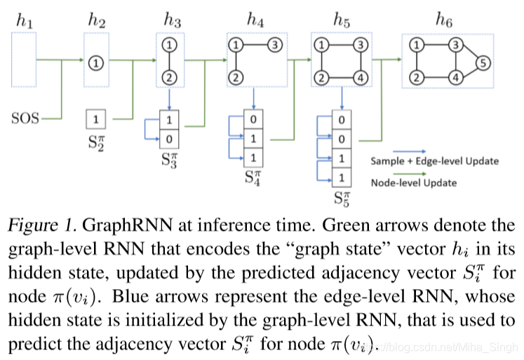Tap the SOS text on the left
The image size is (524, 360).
(25, 119)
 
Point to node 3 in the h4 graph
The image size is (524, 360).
(276, 46)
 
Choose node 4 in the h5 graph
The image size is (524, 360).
(361, 77)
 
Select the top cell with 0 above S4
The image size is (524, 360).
(253, 119)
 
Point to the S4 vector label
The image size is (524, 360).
(253, 175)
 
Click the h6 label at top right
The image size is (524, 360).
(444, 22)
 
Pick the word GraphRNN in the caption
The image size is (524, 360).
(117, 226)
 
